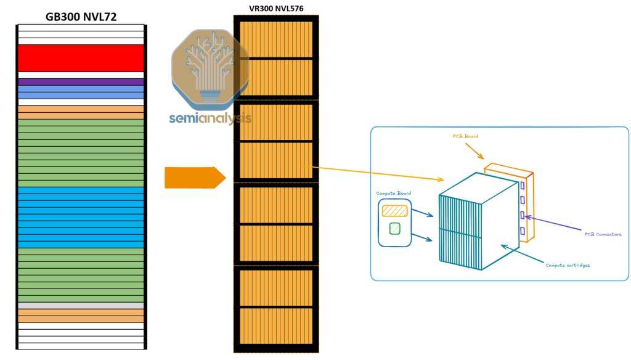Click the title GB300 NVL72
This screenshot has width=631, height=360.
click(81, 17)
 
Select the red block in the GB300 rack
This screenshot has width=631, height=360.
click(81, 58)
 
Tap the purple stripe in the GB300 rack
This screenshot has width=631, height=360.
click(81, 81)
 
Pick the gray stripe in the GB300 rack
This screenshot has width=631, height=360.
click(81, 305)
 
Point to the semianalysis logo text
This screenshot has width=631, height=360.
click(210, 117)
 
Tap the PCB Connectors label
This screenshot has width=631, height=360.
click(603, 234)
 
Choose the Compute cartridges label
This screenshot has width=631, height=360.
click(568, 265)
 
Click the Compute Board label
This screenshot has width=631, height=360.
click(393, 193)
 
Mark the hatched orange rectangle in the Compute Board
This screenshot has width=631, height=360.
click(394, 211)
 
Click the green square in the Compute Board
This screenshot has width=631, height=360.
click(394, 229)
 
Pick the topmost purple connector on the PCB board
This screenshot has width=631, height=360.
click(523, 185)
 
